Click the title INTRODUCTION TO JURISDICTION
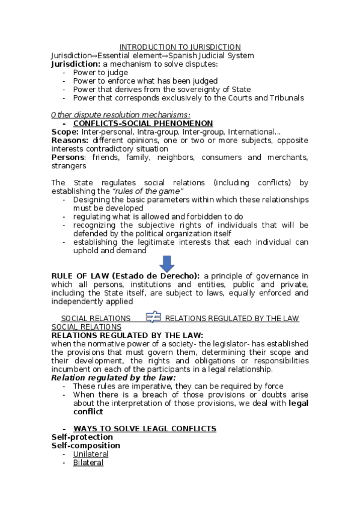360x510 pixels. click(180, 47)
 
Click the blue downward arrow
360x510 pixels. click(166, 263)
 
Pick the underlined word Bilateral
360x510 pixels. click(88, 462)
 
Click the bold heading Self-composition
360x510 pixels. click(85, 446)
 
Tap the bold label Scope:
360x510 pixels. click(65, 132)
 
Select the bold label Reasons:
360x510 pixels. click(70, 140)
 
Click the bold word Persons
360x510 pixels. click(68, 157)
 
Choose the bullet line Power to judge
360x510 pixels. click(100, 72)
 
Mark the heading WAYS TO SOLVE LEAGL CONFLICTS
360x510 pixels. click(145, 429)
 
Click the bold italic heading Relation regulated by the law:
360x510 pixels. click(114, 377)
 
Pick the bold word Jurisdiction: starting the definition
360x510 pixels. click(76, 64)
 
